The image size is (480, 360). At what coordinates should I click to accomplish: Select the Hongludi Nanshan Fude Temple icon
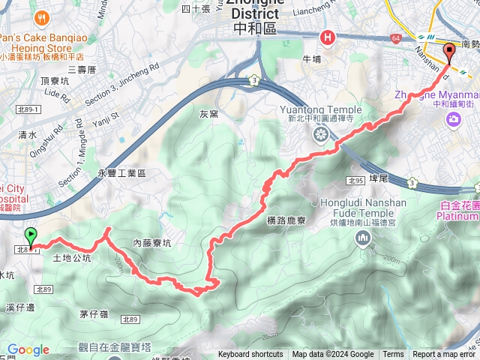point(364,238)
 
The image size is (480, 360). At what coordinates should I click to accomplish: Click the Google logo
point(28,349)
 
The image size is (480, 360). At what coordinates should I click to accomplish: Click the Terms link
point(393,355)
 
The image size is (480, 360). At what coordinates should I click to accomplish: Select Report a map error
point(445,355)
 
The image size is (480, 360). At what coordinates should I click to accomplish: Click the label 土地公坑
point(72,258)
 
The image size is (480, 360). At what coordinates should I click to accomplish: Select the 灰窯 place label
point(208,114)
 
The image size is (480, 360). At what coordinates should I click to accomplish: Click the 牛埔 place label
point(311,58)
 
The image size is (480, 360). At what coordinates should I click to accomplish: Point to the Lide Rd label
point(56,94)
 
